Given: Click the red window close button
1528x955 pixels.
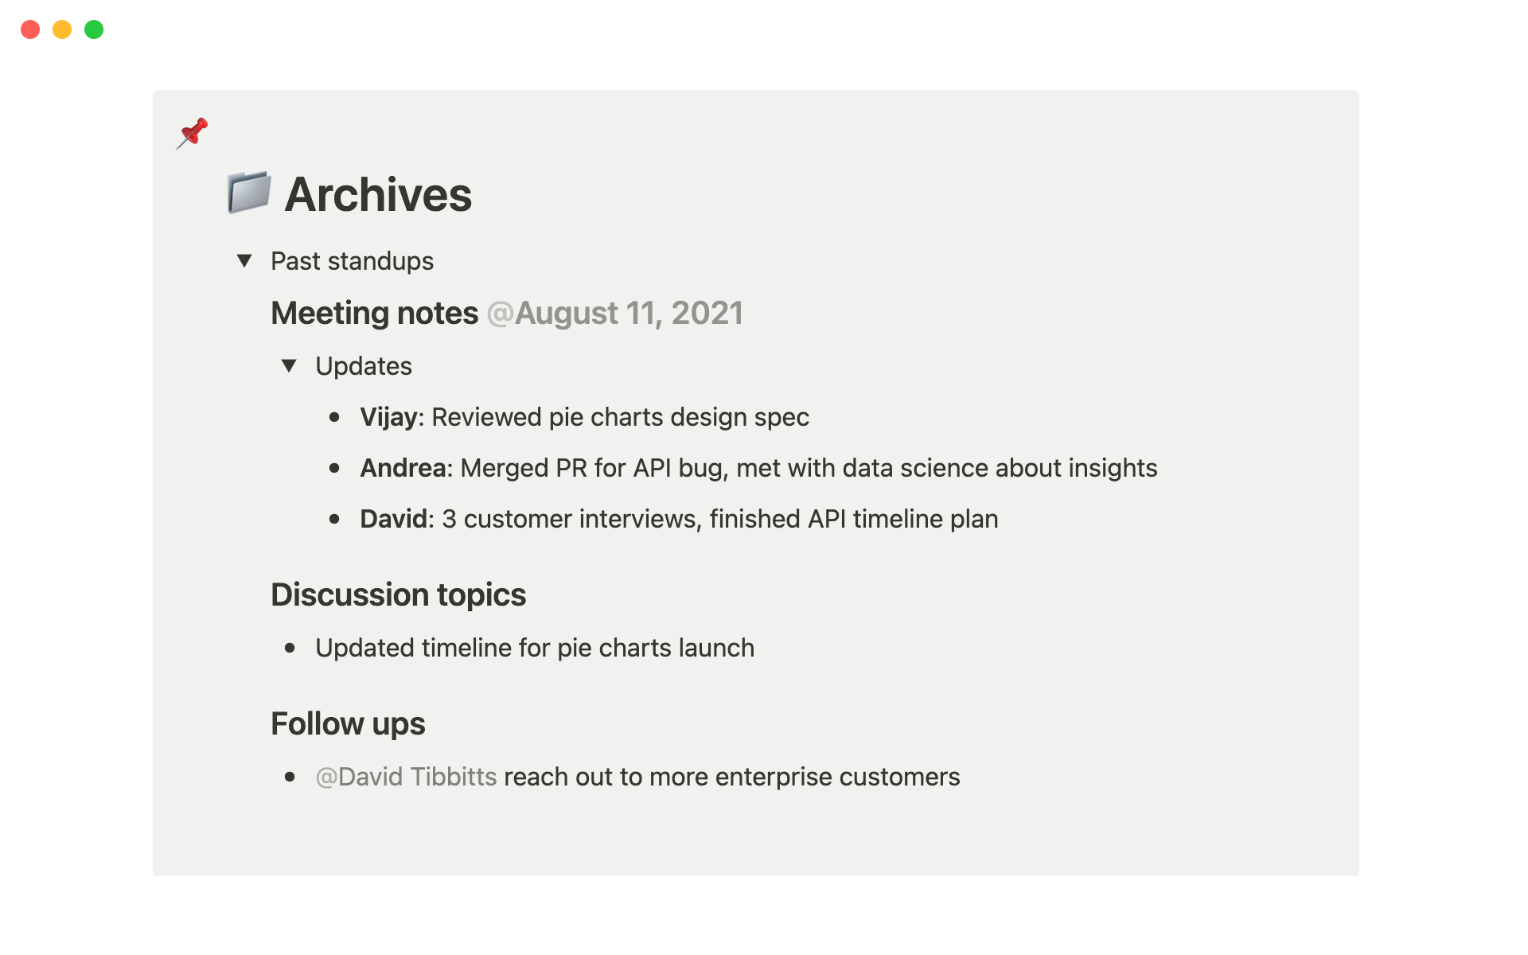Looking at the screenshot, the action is point(30,29).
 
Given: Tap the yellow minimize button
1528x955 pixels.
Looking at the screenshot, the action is point(62,29).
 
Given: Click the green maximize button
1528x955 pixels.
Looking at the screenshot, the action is point(94,29).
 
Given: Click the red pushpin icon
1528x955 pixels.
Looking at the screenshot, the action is point(193,133).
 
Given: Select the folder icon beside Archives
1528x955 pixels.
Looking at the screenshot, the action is point(249,193).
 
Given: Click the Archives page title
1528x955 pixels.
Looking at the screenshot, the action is point(378,194).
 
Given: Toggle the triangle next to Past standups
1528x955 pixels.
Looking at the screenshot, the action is point(244,260).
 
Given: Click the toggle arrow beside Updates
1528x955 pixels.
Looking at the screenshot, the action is point(289,365).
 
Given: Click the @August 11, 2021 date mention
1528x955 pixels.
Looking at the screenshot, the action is point(614,314).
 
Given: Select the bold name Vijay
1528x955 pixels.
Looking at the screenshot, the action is point(388,418).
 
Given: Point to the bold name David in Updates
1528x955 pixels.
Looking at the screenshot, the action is point(393,519).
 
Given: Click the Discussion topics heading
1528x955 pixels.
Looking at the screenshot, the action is point(398,595).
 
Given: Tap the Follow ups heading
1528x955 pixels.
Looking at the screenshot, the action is point(348,724).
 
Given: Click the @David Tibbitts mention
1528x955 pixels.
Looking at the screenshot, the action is point(406,777).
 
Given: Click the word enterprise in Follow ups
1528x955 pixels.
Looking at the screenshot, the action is point(774,778).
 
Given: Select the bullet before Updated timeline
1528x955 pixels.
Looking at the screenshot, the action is point(290,649).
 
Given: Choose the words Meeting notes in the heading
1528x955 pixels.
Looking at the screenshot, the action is point(374,314).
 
